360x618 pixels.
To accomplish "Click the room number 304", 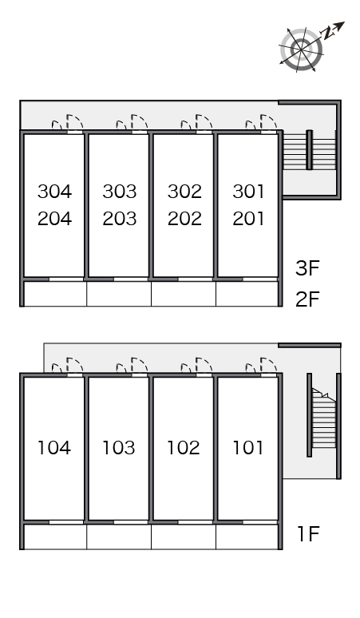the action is coord(55,192).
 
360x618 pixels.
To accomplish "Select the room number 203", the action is coord(120,219).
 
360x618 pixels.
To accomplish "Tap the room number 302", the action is coord(184,192).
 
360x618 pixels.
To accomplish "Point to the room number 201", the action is coord(248,219).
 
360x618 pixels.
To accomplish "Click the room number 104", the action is coord(54,448).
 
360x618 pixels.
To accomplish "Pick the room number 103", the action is coord(119,448).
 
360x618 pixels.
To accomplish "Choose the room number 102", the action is coord(184,448).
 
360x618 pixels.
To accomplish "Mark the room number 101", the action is coord(247,448).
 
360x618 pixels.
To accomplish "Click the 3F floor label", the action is coord(307,268).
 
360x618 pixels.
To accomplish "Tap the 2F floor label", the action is coord(307,299).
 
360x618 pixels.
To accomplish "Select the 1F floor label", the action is coord(308,534).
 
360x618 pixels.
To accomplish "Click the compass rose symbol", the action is coord(301,50).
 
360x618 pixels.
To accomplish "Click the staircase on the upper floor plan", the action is coord(310,150).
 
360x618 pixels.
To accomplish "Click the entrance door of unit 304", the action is coord(75,122).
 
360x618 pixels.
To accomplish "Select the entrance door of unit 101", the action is coord(269,365).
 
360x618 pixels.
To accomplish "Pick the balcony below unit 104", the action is coord(55,537).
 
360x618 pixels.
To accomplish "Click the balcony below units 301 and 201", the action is coord(247,294).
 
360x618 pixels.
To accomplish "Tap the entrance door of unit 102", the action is coord(204,365).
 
